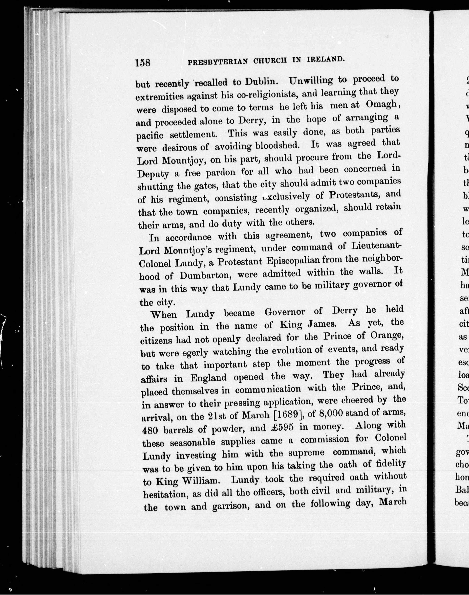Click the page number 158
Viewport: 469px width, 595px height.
142,63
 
